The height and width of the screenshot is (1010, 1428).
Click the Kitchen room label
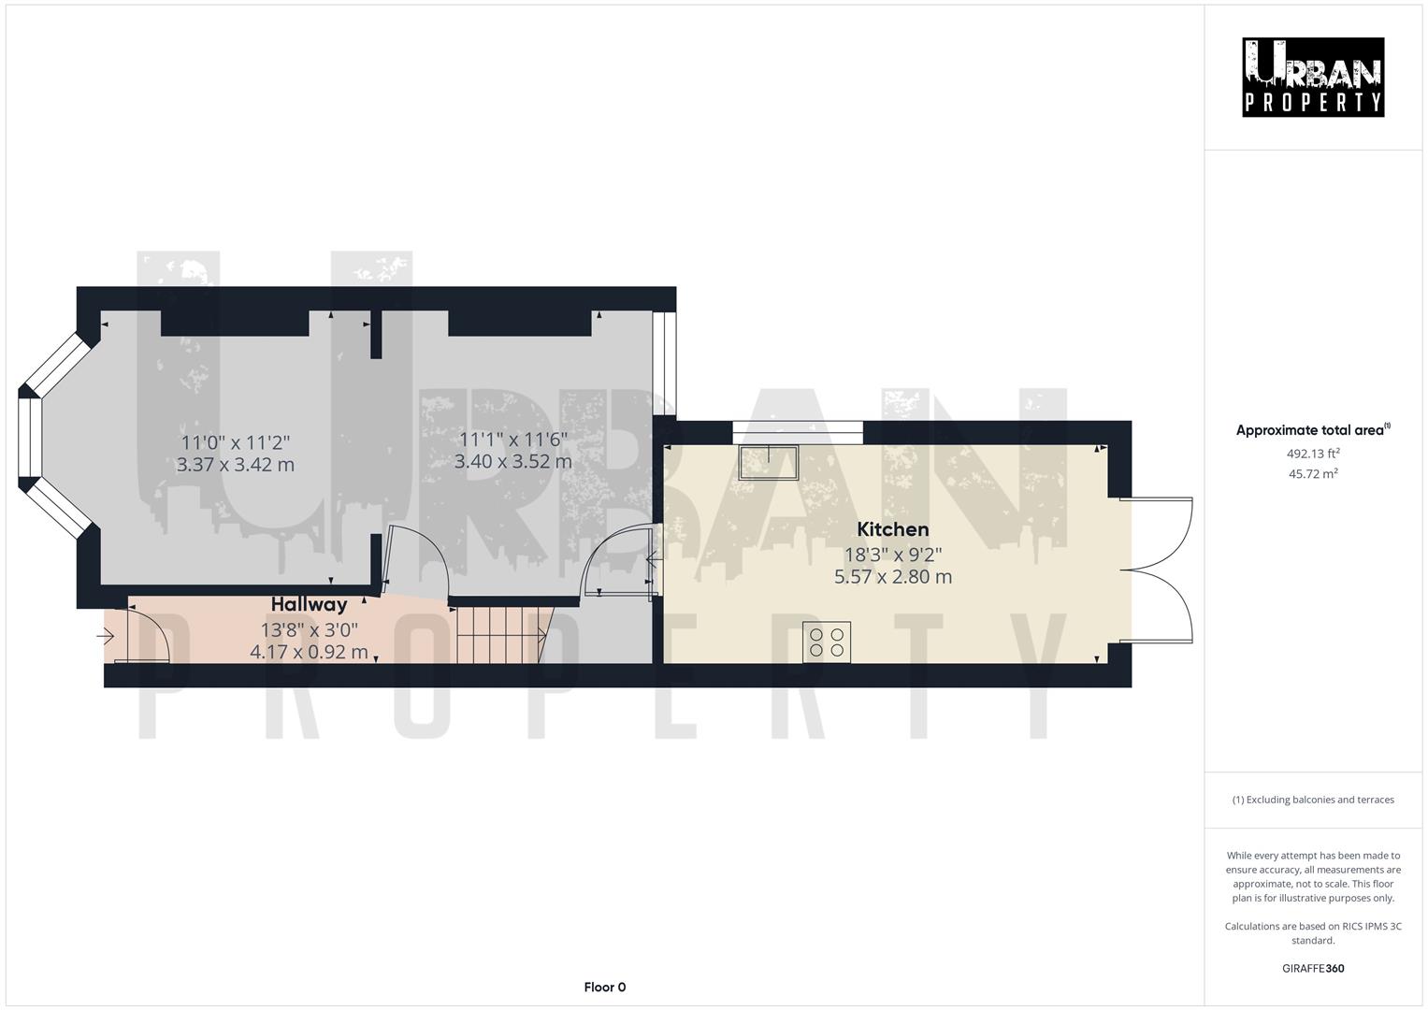point(892,529)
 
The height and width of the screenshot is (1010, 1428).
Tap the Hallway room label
point(309,604)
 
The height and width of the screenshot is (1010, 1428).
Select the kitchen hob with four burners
point(827,642)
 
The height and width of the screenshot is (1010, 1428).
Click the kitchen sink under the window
point(768,462)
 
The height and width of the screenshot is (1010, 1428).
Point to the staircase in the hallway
point(501,635)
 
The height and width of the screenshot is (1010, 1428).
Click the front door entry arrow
point(105,637)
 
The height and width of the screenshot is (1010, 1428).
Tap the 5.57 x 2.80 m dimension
point(892,577)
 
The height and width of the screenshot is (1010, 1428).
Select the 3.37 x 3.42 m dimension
point(235,465)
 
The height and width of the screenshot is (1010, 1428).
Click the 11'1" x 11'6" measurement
point(512,439)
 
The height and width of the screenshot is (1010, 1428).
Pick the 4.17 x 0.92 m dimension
point(309,652)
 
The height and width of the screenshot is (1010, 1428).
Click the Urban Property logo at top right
point(1312,78)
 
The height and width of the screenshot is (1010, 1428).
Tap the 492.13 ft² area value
point(1313,454)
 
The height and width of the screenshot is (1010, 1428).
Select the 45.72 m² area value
point(1313,473)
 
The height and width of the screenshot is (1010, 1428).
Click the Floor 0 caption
point(604,987)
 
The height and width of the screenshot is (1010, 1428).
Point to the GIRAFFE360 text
point(1312,968)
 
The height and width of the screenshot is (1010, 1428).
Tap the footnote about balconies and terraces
point(1312,800)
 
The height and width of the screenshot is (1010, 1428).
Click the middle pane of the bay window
point(31,440)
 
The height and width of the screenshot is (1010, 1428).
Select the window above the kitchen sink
point(797,431)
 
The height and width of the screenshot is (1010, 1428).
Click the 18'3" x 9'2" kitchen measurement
point(892,554)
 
